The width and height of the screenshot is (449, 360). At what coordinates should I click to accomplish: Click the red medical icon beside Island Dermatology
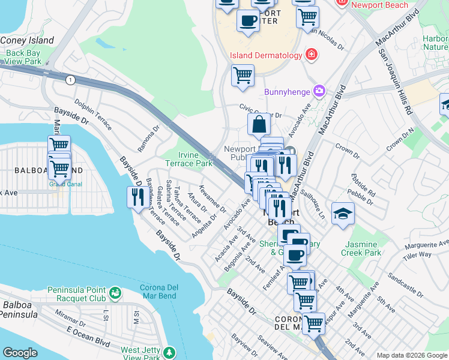click(312, 55)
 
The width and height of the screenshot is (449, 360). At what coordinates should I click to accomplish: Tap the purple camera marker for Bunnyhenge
click(319, 92)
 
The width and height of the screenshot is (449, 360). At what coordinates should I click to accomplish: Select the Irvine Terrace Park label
click(189, 159)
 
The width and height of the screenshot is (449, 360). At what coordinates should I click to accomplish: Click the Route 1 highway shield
click(71, 80)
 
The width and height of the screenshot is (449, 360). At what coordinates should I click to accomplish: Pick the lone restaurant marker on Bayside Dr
click(137, 197)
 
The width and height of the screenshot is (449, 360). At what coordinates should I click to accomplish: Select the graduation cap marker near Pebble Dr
click(343, 214)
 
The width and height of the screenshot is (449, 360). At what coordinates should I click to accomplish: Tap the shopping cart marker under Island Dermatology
click(243, 76)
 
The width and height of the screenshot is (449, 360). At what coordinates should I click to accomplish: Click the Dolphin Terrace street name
click(93, 116)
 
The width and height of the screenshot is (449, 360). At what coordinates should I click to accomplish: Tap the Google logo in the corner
click(20, 353)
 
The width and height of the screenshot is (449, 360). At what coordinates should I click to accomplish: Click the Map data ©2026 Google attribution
click(411, 355)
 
